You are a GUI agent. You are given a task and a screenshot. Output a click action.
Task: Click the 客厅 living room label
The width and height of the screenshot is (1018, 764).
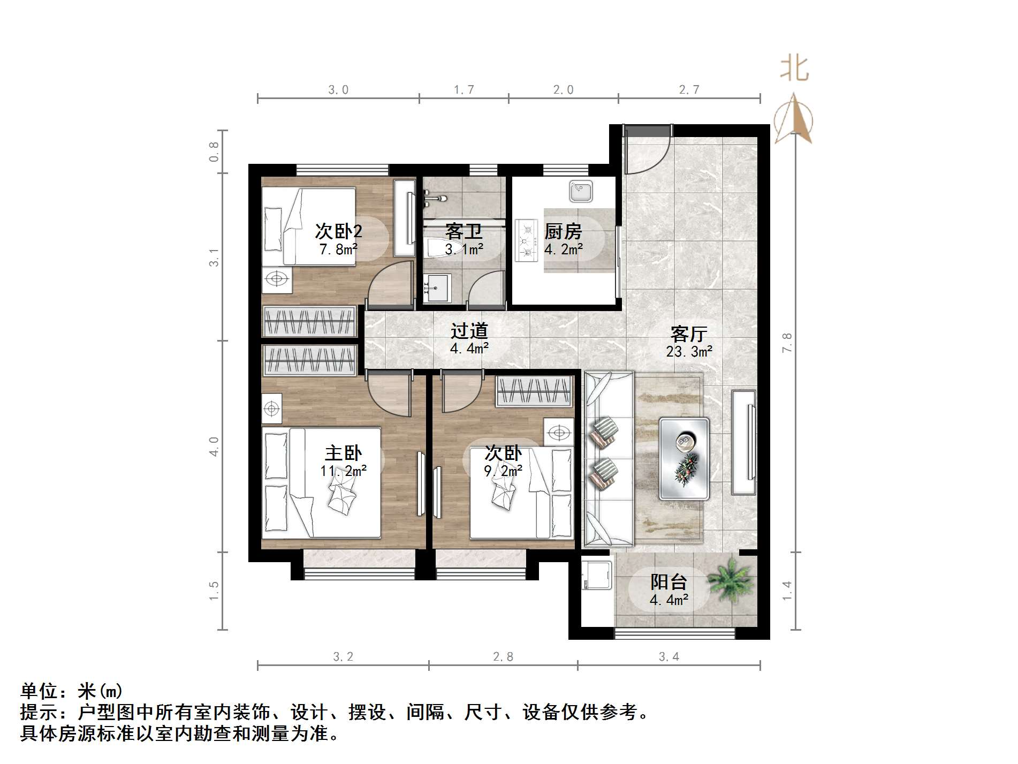click(689, 334)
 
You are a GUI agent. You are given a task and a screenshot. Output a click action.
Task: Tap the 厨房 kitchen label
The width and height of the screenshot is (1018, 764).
click(563, 232)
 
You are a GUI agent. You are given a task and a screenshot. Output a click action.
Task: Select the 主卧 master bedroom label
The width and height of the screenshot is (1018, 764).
click(343, 453)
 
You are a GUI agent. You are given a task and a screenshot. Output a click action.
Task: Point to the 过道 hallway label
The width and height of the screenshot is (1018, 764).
click(469, 331)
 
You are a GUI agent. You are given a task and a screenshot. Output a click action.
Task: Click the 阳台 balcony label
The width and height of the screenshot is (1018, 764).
click(668, 582)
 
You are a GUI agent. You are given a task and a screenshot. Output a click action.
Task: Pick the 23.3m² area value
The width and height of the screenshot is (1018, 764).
click(689, 352)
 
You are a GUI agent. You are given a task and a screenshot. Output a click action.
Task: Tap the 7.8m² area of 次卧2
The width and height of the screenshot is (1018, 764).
click(338, 249)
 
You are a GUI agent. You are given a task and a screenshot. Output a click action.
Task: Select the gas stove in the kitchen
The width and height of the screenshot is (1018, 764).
click(526, 240)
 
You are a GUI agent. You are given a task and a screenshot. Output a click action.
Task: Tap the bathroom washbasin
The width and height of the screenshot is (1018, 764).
click(437, 288)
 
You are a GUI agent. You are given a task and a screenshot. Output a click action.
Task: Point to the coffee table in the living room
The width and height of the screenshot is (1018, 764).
click(684, 458)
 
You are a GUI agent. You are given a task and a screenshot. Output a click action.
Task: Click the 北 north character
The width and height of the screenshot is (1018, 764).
click(794, 69)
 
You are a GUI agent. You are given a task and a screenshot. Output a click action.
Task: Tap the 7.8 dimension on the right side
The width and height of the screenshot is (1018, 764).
click(786, 342)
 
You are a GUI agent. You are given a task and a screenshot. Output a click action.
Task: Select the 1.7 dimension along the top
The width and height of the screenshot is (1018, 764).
click(464, 90)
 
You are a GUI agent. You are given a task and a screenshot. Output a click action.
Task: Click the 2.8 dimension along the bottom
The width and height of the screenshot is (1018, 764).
click(503, 657)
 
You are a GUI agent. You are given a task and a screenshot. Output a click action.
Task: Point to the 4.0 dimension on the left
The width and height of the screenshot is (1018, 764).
click(214, 446)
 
